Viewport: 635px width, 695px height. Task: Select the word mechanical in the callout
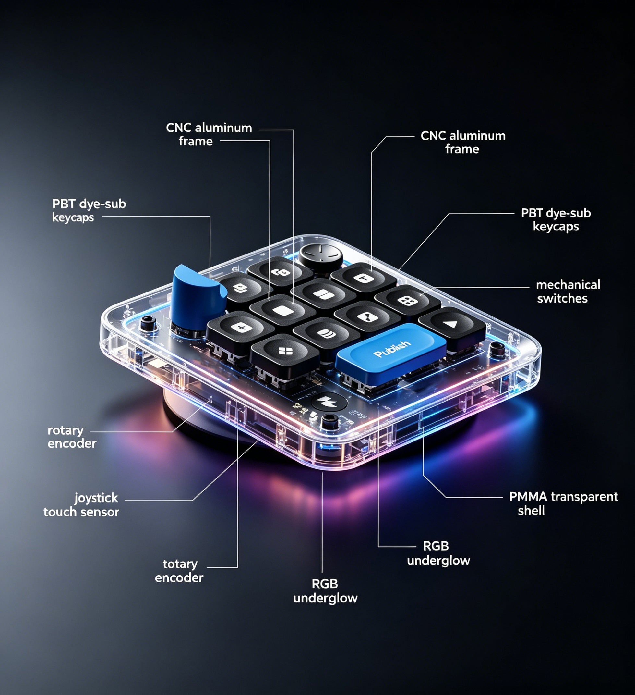pos(568,285)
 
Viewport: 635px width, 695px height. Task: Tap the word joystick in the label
pos(96,499)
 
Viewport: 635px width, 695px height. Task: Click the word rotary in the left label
pos(66,430)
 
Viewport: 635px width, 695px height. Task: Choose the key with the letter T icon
pos(363,279)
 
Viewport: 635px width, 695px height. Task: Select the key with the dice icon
pos(407,301)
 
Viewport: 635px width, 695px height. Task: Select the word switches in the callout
pos(562,299)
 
